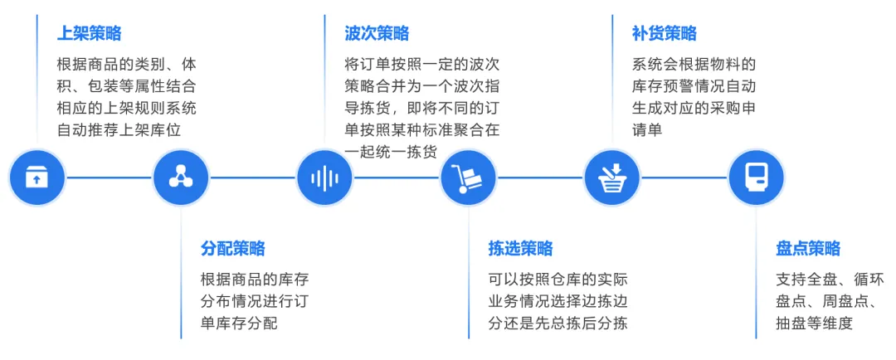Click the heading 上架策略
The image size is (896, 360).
pyautogui.click(x=89, y=33)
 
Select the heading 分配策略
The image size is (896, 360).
pyautogui.click(x=233, y=249)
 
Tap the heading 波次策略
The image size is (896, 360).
pyautogui.click(x=377, y=33)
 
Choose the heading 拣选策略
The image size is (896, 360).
pyautogui.click(x=520, y=249)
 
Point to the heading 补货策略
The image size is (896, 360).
pyautogui.click(x=665, y=33)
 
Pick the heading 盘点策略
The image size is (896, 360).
pyautogui.click(x=809, y=249)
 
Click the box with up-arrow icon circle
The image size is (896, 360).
pyautogui.click(x=37, y=178)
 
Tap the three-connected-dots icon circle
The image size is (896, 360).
pyautogui.click(x=181, y=178)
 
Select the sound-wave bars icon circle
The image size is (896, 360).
pyautogui.click(x=324, y=178)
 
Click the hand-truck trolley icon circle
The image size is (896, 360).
pyautogui.click(x=469, y=178)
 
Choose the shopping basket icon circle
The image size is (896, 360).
pyautogui.click(x=612, y=178)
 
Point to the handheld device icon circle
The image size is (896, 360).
pyautogui.click(x=756, y=178)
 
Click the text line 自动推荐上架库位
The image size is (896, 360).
pyautogui.click(x=119, y=130)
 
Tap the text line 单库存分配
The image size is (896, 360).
pyautogui.click(x=240, y=324)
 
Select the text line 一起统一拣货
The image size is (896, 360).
pyautogui.click(x=392, y=152)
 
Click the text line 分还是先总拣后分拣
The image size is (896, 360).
pyautogui.click(x=558, y=324)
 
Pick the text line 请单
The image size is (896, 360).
pyautogui.click(x=647, y=130)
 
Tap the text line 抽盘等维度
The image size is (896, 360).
pyautogui.click(x=815, y=324)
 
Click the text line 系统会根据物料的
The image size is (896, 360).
pyautogui.click(x=694, y=64)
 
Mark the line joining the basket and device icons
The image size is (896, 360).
pyautogui.click(x=684, y=178)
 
